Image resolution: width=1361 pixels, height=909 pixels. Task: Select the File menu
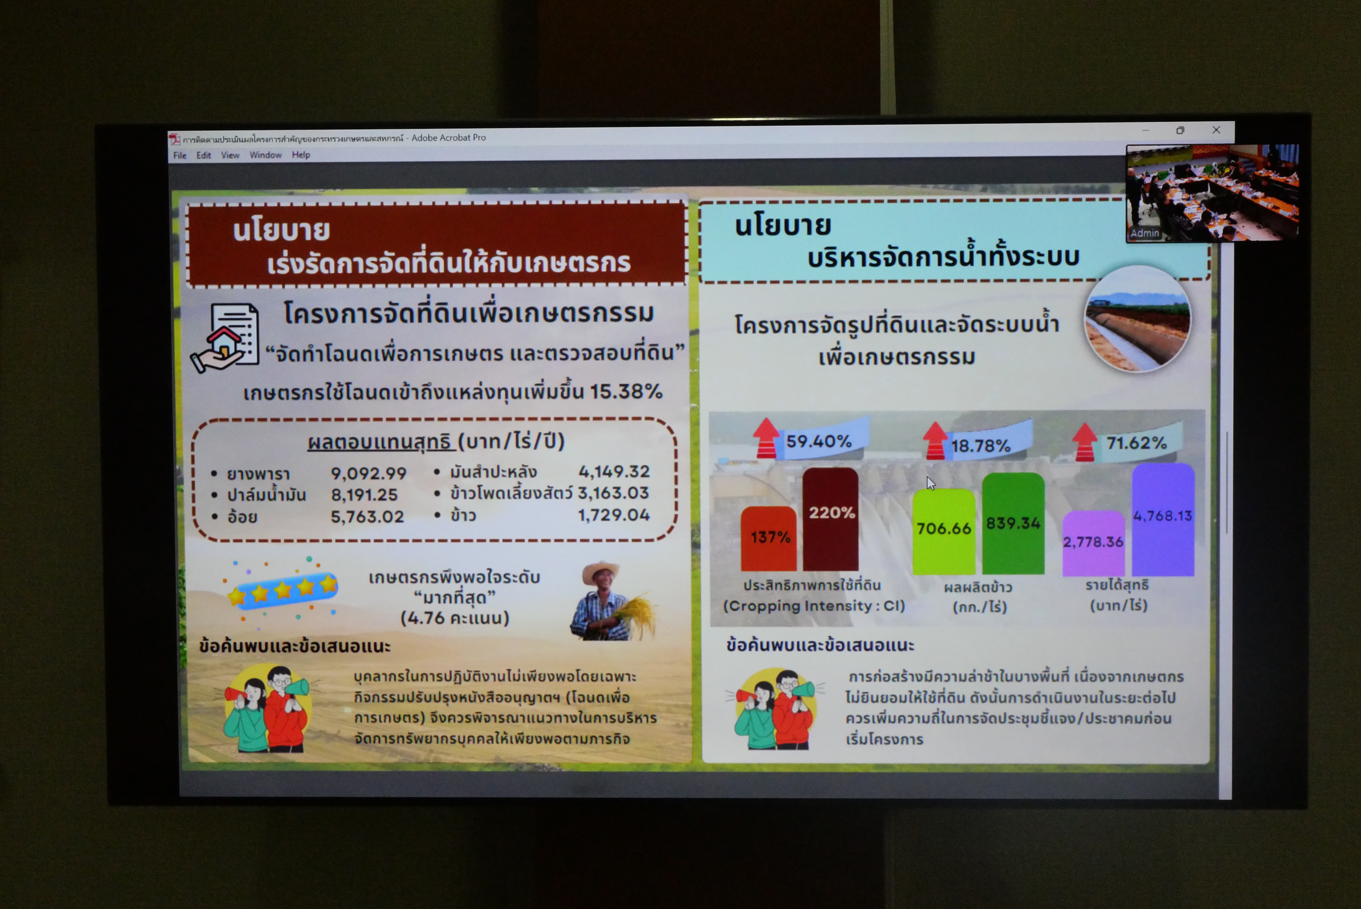180,155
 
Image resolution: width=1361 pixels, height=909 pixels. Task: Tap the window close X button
1216,130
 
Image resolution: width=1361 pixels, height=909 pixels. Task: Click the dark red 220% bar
830,519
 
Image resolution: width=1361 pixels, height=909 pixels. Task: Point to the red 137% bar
769,538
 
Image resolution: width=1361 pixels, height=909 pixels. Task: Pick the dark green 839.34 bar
1013,523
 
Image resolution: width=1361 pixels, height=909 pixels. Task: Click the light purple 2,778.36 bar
1093,543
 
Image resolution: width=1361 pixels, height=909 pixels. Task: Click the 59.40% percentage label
819,442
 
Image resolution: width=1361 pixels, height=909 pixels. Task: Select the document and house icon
227,338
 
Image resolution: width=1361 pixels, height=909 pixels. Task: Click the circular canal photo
1137,319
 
